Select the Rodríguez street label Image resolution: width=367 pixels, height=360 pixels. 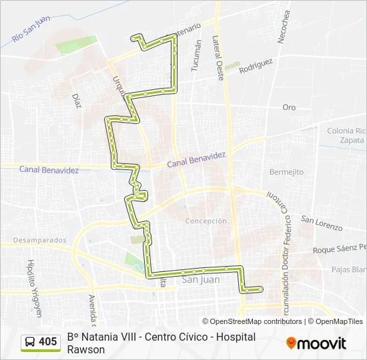point(256,65)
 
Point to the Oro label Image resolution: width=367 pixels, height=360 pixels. point(289,107)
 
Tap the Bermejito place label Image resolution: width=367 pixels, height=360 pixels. point(286,172)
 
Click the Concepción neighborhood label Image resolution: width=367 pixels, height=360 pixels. point(206,221)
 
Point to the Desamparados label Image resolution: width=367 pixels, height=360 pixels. point(40,240)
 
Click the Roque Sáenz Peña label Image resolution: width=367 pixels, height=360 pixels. point(340,250)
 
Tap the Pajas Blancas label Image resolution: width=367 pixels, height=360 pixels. point(349,269)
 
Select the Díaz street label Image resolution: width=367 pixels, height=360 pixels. point(76,100)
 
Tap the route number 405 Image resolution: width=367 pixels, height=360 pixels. point(48,342)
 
